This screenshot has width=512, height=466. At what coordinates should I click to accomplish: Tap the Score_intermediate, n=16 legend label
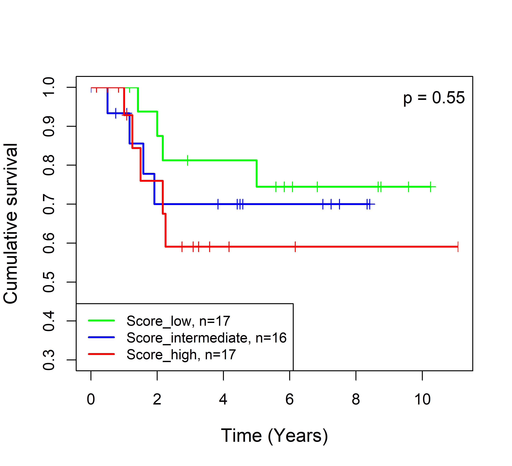(206, 338)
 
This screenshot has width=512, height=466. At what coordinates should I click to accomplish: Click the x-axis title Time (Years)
(274, 436)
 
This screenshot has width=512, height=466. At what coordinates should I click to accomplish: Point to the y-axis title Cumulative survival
(11, 224)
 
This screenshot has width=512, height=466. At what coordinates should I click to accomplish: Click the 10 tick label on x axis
(422, 399)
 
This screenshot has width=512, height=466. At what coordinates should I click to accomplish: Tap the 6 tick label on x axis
(290, 399)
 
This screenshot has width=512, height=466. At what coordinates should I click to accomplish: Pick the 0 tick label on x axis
(91, 399)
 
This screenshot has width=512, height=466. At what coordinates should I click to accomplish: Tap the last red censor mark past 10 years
(458, 247)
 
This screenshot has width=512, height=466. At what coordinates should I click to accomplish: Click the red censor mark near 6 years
(295, 247)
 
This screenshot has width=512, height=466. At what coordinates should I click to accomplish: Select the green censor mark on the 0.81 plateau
(187, 160)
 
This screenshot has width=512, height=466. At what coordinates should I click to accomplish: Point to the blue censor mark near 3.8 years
(218, 204)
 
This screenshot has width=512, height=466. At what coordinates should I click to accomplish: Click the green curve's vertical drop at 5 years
(257, 173)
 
